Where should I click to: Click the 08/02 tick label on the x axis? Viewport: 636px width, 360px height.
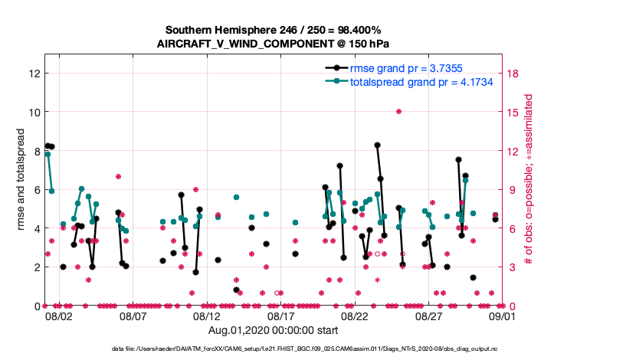(59, 316)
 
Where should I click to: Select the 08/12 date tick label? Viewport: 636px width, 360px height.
(207, 316)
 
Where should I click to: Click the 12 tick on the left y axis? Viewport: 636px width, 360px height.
(33, 74)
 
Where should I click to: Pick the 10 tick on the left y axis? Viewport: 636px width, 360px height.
(33, 112)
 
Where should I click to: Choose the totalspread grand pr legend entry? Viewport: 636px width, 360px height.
(421, 80)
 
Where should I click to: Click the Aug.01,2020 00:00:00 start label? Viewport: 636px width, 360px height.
(272, 330)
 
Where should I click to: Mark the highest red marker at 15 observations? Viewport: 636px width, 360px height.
(398, 112)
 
